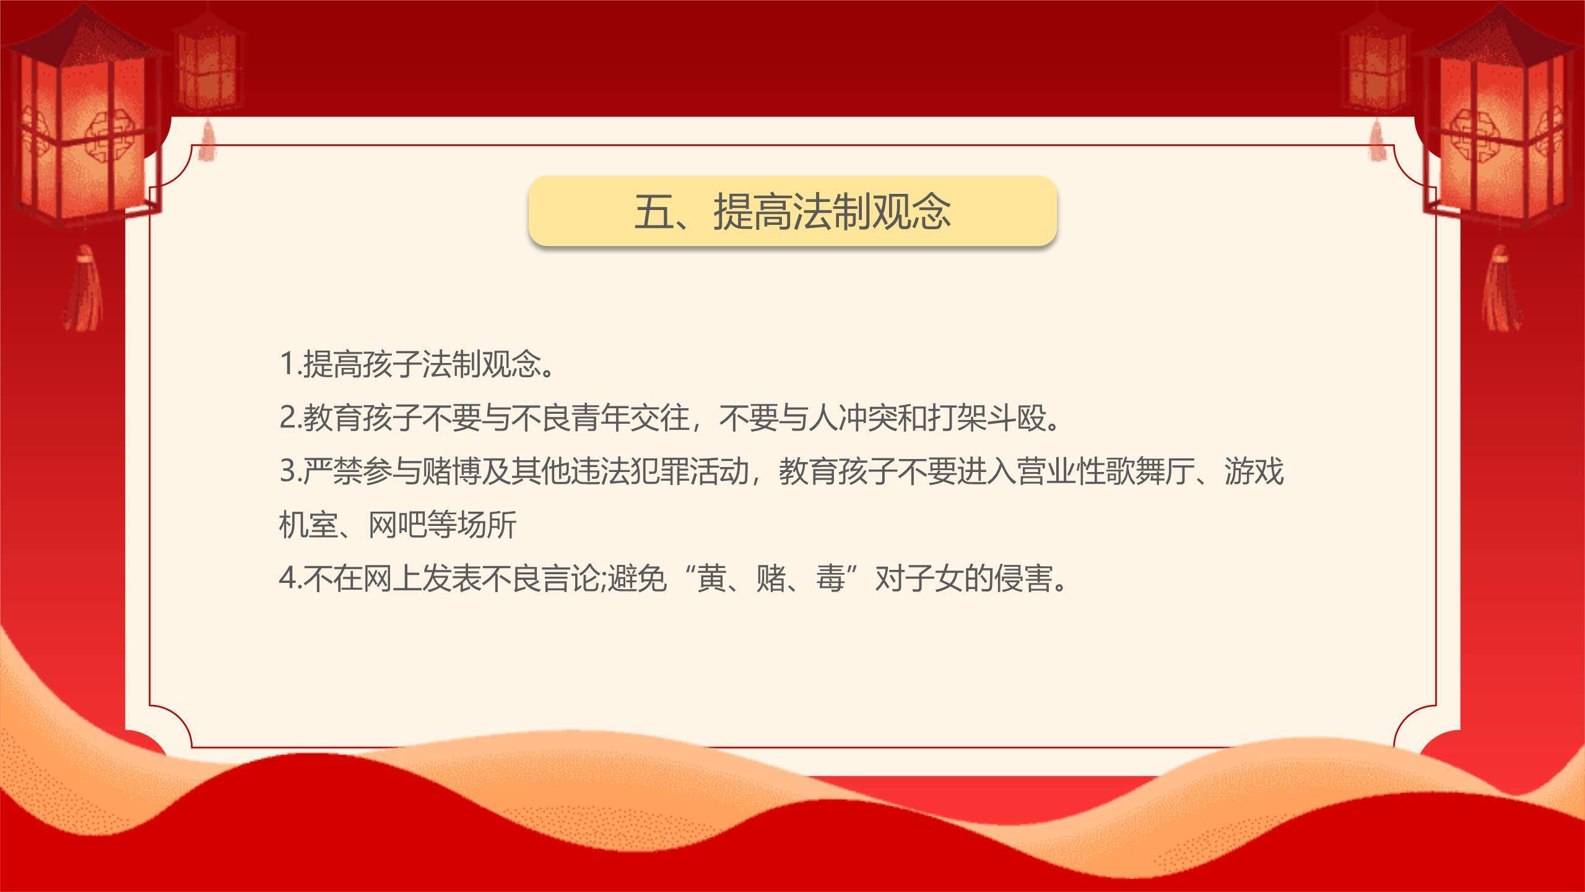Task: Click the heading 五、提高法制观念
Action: [x=792, y=211]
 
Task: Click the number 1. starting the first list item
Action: [x=289, y=364]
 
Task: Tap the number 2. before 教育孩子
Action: [x=289, y=418]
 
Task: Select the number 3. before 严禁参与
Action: [x=289, y=472]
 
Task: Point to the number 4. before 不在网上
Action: [x=289, y=579]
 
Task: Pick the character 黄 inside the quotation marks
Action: [x=711, y=579]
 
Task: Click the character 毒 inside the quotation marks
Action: [x=830, y=579]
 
